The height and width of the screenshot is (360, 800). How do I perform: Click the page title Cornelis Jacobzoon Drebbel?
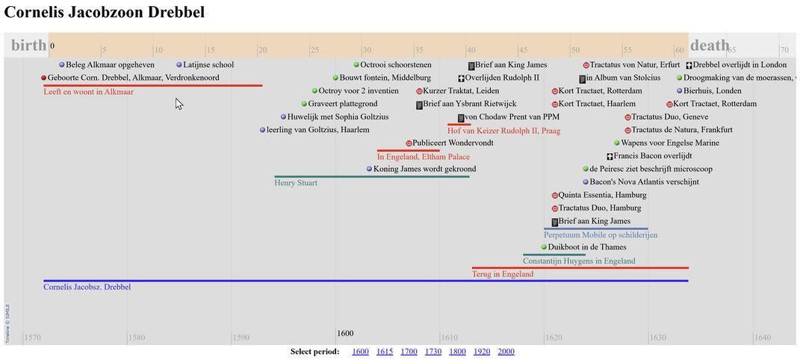104,13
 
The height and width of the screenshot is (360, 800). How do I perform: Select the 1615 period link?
385,352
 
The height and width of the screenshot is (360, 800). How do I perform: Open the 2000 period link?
506,352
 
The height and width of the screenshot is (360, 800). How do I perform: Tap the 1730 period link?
433,352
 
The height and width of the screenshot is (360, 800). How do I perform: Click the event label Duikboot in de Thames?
587,247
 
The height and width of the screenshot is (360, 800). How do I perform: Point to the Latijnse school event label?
208,65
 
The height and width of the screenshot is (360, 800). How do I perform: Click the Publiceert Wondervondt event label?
453,143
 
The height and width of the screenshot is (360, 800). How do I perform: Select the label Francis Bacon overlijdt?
653,156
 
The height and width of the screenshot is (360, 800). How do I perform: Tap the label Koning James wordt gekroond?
424,169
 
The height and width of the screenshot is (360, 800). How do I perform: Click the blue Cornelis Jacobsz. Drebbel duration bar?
366,281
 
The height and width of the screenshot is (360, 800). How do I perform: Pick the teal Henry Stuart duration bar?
372,176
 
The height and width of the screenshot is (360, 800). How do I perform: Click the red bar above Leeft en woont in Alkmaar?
152,85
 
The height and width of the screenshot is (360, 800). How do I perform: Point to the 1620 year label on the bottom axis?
554,338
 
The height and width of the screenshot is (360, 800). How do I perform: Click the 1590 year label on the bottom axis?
241,338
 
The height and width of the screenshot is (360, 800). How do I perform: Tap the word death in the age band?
709,46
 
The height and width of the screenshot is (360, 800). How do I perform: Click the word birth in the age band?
28,46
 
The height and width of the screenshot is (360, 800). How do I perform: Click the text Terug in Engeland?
503,274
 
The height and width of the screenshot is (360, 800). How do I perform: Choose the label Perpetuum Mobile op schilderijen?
601,235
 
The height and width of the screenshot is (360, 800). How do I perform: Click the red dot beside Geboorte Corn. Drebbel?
44,78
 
